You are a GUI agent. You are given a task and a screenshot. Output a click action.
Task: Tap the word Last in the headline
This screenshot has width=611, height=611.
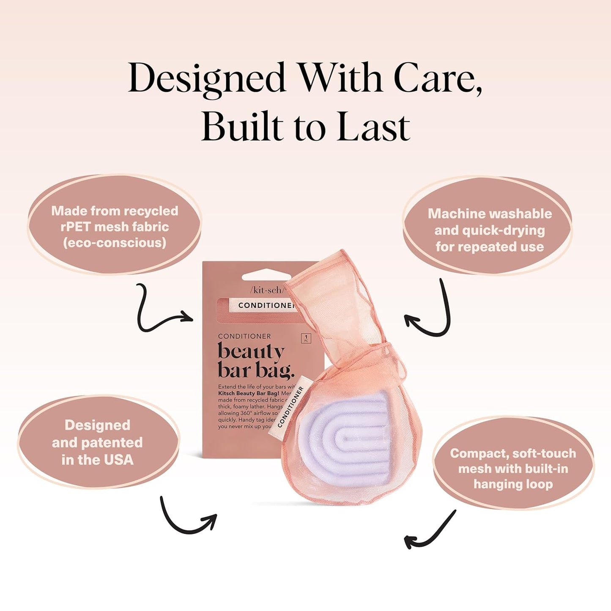(373, 127)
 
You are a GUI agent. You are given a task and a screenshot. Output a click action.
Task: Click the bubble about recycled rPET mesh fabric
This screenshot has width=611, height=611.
(114, 226)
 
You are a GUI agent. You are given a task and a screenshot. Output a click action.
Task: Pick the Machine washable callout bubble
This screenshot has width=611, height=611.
(489, 230)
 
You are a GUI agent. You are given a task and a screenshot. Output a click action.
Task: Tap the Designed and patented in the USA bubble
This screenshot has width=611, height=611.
(97, 442)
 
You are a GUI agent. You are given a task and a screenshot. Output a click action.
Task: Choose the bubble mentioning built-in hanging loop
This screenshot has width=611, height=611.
(513, 468)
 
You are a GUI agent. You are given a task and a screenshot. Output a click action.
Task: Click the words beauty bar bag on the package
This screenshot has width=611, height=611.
(254, 360)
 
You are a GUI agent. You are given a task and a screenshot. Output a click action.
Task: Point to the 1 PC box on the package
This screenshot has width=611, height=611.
(306, 338)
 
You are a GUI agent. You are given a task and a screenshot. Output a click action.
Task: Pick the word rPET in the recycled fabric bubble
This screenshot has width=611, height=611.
(76, 227)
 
